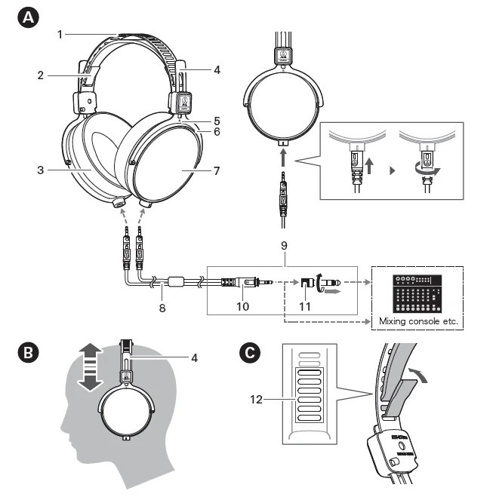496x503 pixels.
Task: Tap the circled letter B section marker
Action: point(29,353)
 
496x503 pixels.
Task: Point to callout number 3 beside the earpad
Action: point(41,170)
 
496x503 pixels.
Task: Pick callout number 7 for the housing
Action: point(217,170)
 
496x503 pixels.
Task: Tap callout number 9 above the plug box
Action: point(284,245)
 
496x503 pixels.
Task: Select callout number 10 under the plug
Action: point(243,307)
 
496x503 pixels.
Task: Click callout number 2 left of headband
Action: point(41,75)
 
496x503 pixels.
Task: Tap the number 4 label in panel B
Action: point(194,357)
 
